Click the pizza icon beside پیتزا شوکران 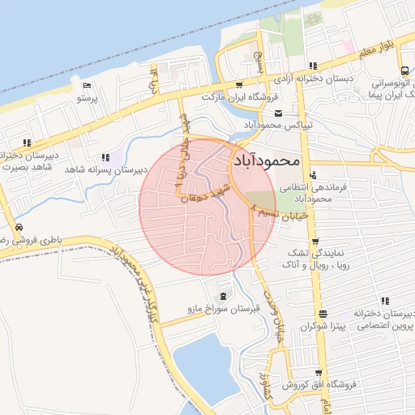click(323, 314)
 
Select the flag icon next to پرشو click(88, 85)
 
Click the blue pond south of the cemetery click(203, 365)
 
